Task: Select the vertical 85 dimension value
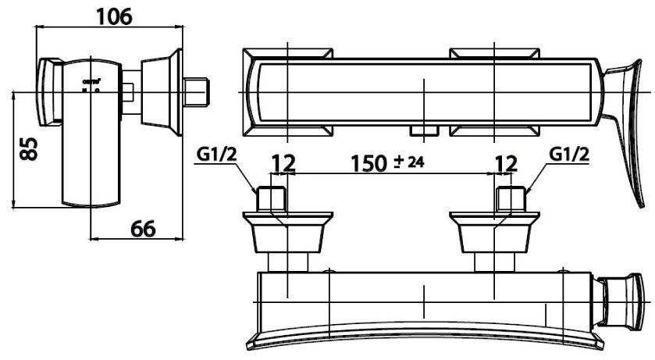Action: point(29,148)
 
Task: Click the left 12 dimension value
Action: point(283,163)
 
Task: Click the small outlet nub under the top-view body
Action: point(422,130)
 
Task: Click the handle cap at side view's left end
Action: point(48,92)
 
